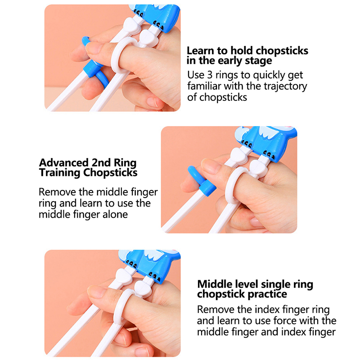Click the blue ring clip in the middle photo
202,181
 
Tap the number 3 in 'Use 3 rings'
210,75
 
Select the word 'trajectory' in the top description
285,86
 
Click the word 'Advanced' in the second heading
63,162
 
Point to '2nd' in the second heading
101,162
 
